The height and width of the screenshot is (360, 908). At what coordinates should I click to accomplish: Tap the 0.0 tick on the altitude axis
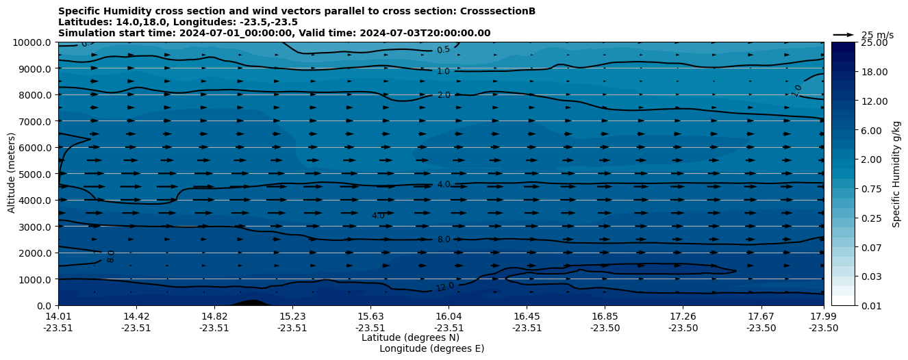44,306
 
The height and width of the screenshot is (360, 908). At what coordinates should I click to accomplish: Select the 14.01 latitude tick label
58,316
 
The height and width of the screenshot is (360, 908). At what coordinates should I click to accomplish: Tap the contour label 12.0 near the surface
445,287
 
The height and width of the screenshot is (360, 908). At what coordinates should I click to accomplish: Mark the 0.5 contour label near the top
443,50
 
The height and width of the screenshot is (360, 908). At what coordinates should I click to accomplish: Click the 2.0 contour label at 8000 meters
443,95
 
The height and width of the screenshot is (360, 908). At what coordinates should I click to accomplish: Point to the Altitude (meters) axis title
12,174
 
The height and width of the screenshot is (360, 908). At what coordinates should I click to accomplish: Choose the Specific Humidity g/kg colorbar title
896,174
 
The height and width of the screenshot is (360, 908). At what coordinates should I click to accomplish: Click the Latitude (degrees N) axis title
410,337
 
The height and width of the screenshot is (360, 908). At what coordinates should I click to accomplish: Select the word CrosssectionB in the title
490,11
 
